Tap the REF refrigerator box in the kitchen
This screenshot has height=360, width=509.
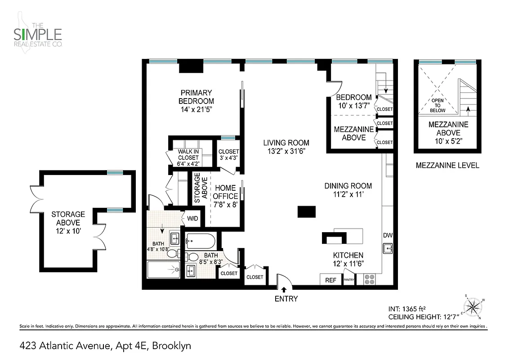pos(330,280)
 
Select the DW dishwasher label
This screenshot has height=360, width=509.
pos(388,235)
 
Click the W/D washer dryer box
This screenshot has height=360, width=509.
pos(192,218)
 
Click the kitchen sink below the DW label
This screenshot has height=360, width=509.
pos(388,248)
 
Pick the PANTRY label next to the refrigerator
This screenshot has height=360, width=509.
pos(349,280)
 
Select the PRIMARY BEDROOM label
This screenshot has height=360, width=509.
pos(196,97)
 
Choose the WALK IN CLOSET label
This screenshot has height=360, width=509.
pos(188,154)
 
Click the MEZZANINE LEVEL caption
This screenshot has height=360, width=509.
pos(447,165)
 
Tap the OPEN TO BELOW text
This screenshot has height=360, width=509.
pos(437,106)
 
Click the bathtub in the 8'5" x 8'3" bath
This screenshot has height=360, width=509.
pos(201,242)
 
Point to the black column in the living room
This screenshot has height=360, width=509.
pos(307,212)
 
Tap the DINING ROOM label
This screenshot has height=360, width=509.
pos(348,185)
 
